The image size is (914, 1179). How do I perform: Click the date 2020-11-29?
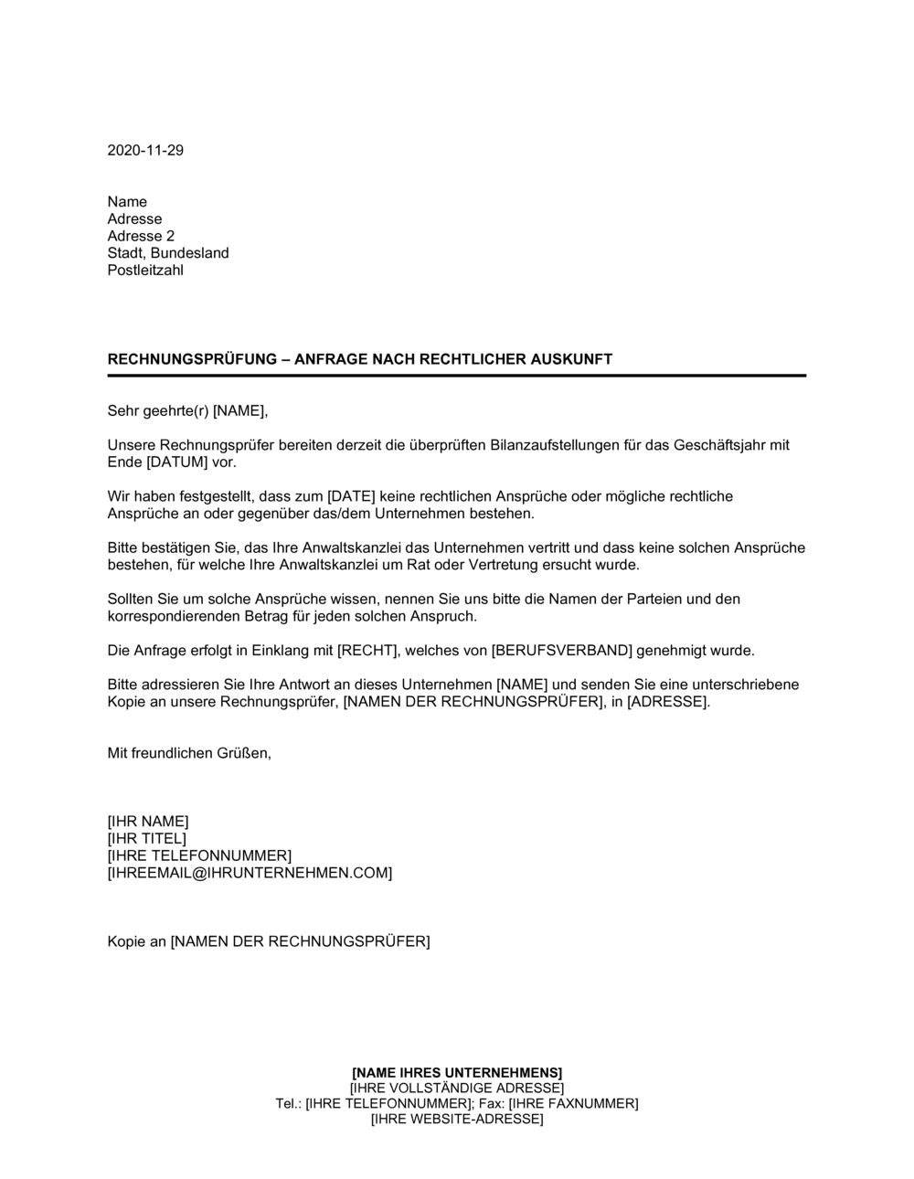click(x=145, y=150)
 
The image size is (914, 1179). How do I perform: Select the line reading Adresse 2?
click(x=141, y=236)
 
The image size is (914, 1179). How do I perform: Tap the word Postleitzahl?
click(x=145, y=271)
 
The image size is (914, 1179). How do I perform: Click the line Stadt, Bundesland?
click(x=168, y=253)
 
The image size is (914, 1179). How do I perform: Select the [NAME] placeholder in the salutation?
click(x=239, y=411)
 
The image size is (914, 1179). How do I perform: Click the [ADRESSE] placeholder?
click(x=666, y=702)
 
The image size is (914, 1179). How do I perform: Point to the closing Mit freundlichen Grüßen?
click(x=189, y=753)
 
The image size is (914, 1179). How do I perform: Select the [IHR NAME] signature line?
click(x=148, y=821)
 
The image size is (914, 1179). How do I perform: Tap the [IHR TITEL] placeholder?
click(x=147, y=838)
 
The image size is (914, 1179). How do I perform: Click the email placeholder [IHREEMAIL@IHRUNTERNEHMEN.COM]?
click(x=250, y=873)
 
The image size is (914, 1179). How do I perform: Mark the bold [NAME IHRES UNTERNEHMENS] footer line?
click(x=457, y=1072)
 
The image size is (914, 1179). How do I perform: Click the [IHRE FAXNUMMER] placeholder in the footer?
click(x=573, y=1103)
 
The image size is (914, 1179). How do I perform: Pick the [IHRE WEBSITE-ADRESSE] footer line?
click(x=457, y=1119)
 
